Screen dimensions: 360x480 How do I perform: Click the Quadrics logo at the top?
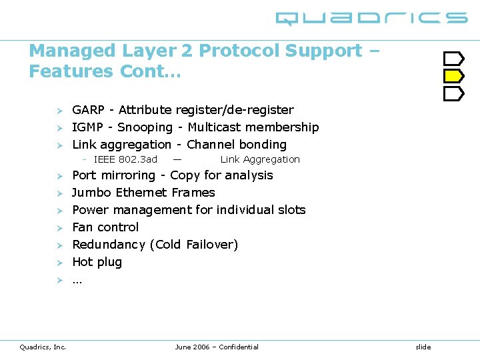click(371, 18)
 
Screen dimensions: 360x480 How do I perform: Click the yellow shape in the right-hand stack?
click(453, 76)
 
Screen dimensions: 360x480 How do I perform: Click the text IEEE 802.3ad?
click(125, 159)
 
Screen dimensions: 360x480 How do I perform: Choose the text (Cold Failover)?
click(193, 245)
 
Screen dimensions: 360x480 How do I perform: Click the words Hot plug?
click(97, 262)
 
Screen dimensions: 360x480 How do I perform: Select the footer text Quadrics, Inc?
click(43, 347)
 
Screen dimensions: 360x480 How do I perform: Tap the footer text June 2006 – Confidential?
click(217, 347)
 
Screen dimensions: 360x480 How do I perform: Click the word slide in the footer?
click(423, 347)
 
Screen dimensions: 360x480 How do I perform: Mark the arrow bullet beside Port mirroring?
click(59, 176)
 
